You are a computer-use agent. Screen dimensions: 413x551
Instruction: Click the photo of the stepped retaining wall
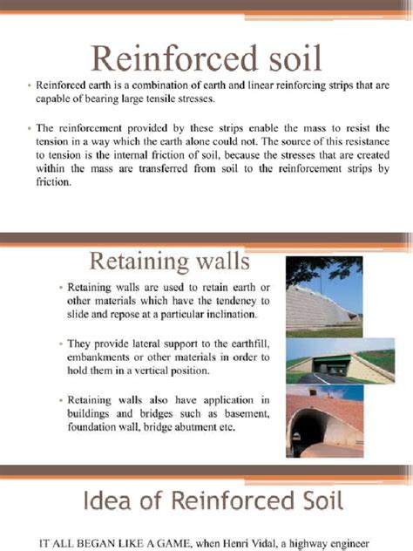coord(325,296)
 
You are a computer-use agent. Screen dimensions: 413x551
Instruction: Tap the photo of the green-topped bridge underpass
coord(325,360)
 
